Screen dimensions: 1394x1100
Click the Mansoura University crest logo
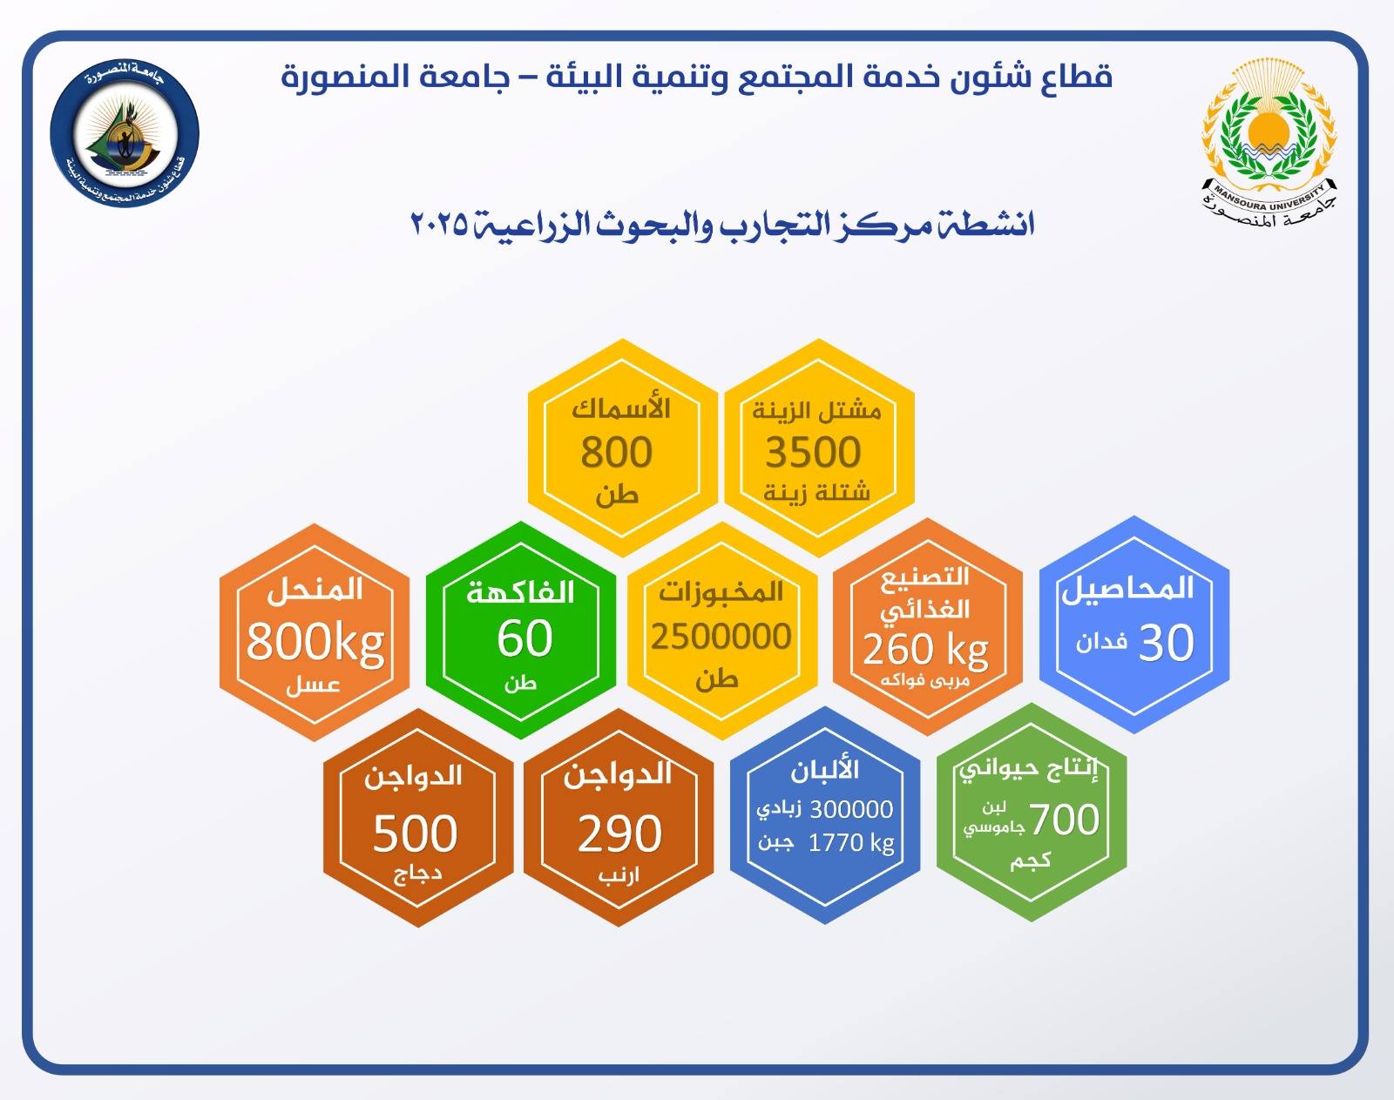click(1269, 143)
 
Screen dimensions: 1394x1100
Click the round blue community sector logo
click(125, 134)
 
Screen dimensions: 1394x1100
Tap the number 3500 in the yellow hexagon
click(813, 452)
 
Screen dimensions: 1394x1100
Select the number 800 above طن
click(616, 452)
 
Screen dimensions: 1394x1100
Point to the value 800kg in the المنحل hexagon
click(315, 643)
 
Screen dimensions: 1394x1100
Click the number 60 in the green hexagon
click(524, 638)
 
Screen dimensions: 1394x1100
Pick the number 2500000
click(721, 637)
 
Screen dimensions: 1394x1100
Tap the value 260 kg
click(925, 650)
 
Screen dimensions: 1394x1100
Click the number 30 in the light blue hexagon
click(1166, 643)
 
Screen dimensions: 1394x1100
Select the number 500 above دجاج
click(416, 833)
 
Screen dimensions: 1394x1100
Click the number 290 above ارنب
click(620, 833)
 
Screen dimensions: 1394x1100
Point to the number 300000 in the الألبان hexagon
click(851, 809)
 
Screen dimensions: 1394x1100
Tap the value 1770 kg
click(851, 843)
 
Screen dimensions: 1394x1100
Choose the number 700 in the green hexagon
click(1065, 820)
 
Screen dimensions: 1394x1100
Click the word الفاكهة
click(521, 592)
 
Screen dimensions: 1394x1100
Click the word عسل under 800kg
click(314, 685)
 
